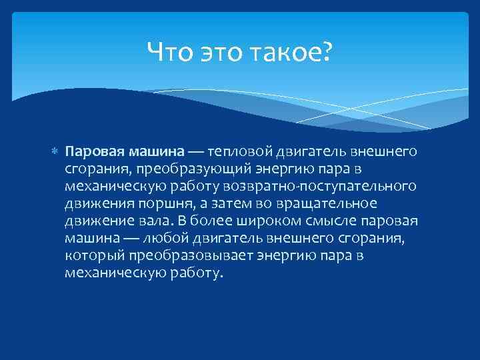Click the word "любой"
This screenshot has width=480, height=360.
(x=154, y=238)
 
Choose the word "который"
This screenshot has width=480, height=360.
(x=91, y=255)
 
